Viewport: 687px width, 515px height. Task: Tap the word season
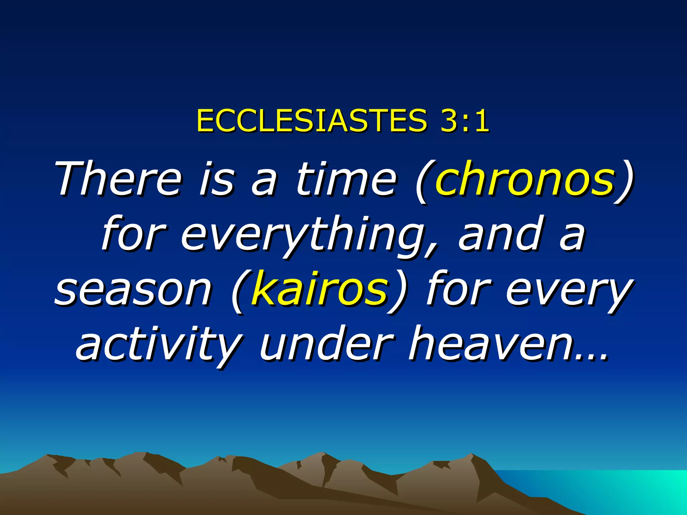pos(134,290)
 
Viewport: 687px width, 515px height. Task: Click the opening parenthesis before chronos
pos(423,181)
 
